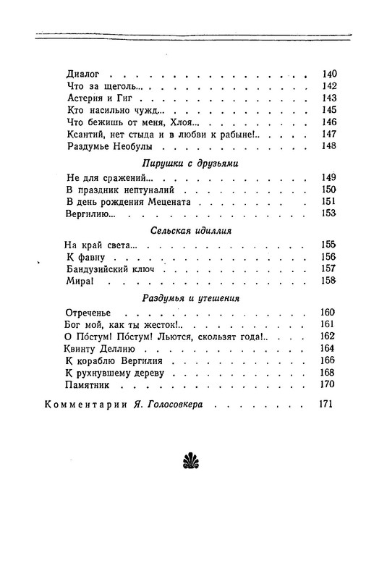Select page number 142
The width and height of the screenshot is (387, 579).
pos(329,86)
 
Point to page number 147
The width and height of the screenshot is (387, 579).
pos(329,135)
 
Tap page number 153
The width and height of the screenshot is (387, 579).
pos(329,214)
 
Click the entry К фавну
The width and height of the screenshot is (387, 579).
pos(85,258)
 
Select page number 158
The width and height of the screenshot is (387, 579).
pos(329,282)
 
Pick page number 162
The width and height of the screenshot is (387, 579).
pos(329,337)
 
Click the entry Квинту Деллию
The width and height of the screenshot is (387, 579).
pos(99,349)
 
